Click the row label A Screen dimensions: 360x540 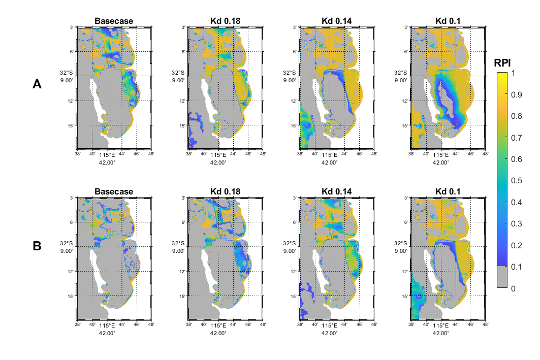pyautogui.click(x=37, y=85)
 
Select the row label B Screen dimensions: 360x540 pyautogui.click(x=37, y=246)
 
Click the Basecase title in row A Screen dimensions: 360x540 pyautogui.click(x=114, y=21)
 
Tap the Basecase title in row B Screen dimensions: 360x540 pyautogui.click(x=114, y=192)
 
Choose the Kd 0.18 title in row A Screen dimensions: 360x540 pyautogui.click(x=225, y=21)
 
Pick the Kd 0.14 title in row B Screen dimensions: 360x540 pyautogui.click(x=336, y=192)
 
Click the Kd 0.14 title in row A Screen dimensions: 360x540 pyautogui.click(x=336, y=21)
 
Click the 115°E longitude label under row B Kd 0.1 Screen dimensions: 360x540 pyautogui.click(x=441, y=325)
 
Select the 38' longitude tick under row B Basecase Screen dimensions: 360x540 pyautogui.click(x=78, y=324)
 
